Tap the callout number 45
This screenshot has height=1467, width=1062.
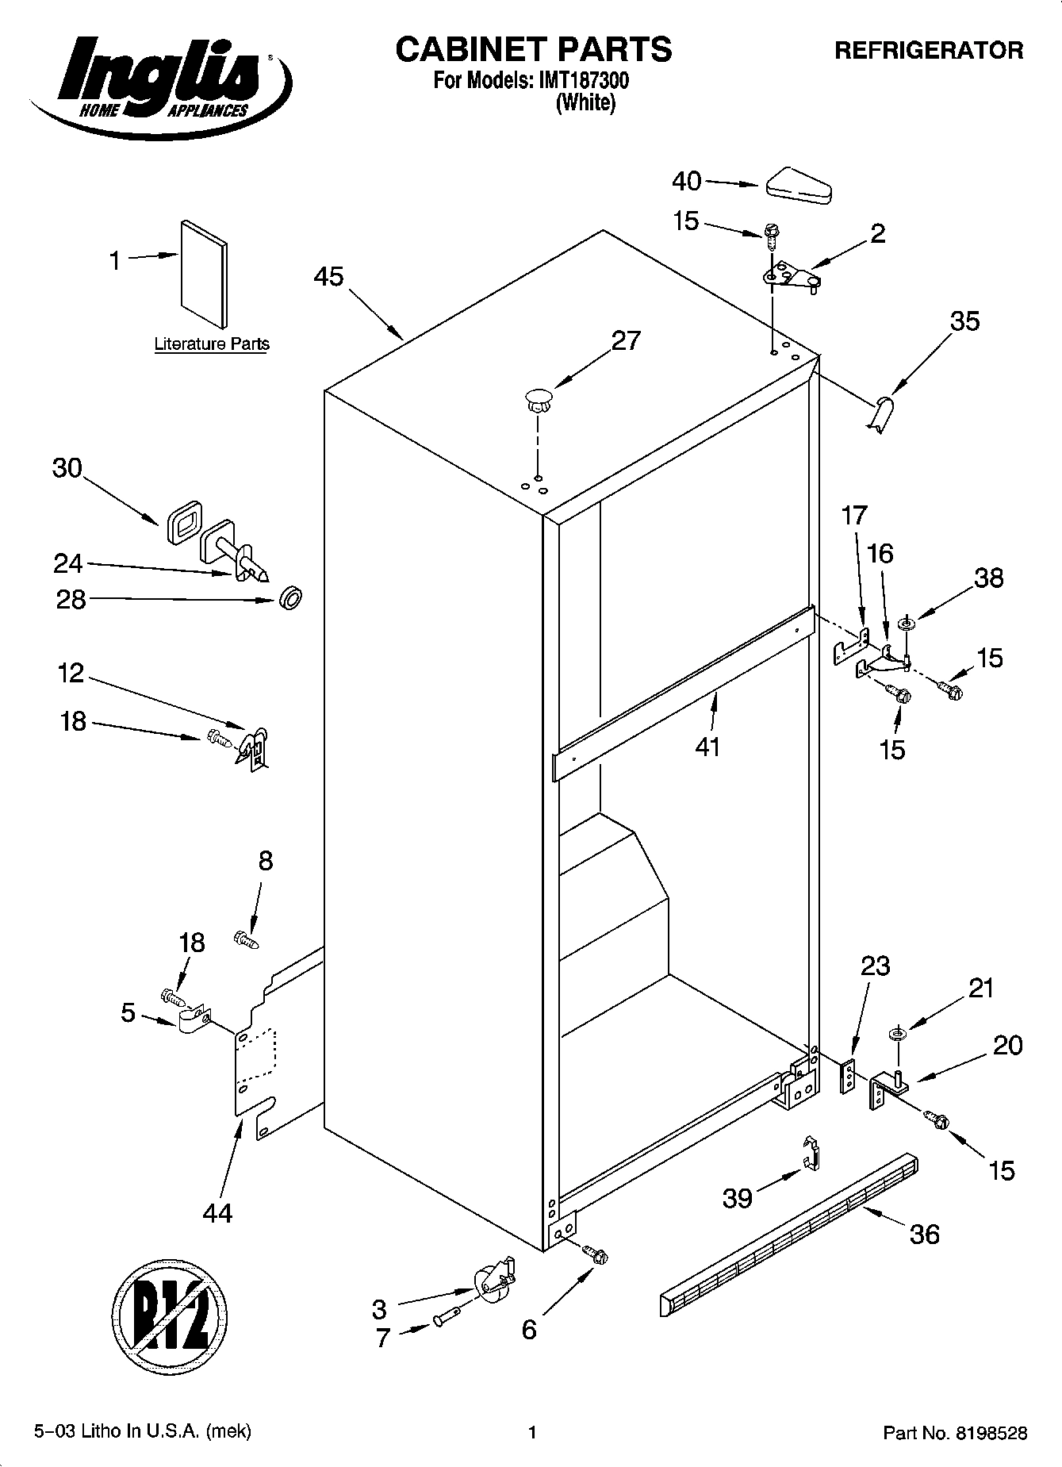(328, 277)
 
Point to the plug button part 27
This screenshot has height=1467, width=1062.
(538, 397)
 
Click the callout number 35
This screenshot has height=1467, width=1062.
(964, 321)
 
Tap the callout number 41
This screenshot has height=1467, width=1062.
(707, 747)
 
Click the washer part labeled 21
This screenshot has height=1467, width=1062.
(898, 1035)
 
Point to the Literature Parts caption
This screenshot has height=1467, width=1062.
(212, 344)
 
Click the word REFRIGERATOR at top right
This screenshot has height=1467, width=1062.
(928, 51)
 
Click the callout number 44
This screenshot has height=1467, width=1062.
(217, 1213)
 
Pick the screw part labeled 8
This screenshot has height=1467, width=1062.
(246, 940)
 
